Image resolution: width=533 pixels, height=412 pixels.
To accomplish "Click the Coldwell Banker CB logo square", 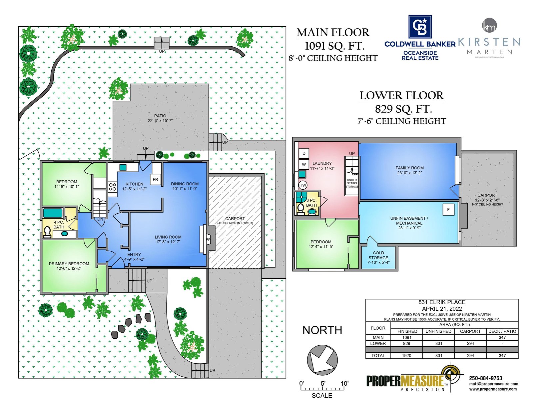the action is [420, 27].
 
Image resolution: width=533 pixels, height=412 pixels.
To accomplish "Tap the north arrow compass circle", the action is [322, 360].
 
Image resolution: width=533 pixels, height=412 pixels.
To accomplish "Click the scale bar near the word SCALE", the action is [322, 389].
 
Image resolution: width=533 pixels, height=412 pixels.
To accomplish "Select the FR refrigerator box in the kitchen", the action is [155, 179].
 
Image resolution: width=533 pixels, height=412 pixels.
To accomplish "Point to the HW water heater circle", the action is [303, 185].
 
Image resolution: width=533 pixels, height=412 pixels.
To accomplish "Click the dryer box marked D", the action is [304, 154].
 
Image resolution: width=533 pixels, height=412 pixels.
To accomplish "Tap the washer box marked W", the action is [304, 164].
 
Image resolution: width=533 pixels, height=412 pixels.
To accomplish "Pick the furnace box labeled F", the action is [448, 210].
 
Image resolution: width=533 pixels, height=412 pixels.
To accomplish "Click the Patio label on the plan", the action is [160, 116].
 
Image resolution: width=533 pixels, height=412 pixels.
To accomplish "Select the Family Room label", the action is [409, 168].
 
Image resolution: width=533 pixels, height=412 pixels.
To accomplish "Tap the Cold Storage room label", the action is [378, 255].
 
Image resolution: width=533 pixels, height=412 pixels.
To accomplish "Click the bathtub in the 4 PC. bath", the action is [53, 213].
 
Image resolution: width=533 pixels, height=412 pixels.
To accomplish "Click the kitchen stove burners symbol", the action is [112, 187].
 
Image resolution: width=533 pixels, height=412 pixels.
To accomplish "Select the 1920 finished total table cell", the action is [406, 356].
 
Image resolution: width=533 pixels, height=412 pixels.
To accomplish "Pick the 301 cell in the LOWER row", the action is [439, 344].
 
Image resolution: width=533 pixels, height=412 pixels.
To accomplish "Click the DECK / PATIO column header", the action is [502, 331].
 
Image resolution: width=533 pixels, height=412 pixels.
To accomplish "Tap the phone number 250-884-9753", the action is [485, 378].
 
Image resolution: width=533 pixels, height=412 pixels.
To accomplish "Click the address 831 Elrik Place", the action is [442, 302].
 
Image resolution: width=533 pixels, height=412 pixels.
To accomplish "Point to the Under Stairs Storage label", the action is [352, 183].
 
